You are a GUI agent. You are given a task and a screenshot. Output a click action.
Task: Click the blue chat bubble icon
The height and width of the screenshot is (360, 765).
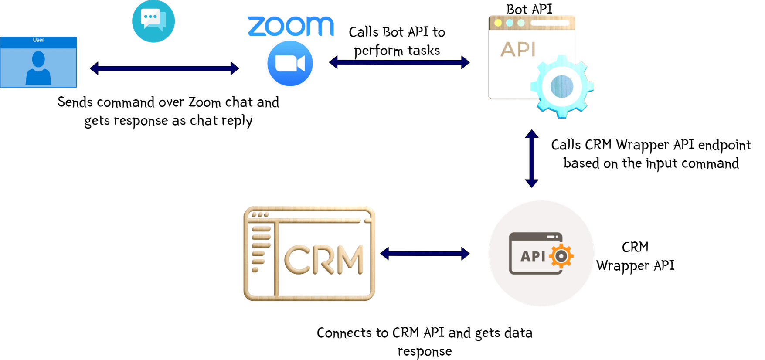pos(153,21)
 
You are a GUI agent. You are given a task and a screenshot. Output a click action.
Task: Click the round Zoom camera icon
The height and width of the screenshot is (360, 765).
pos(290,64)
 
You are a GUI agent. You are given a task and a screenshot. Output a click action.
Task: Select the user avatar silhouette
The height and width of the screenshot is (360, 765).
pos(38,68)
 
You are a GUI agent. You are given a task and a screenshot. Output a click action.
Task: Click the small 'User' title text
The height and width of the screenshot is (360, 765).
pos(38,40)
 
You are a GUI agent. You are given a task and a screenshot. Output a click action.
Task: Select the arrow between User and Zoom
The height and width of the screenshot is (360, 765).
pos(164,68)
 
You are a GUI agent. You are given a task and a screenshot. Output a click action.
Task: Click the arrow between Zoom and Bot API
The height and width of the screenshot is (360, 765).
pos(399,62)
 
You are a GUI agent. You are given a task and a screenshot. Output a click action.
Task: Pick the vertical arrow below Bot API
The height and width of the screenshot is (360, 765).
pos(531,158)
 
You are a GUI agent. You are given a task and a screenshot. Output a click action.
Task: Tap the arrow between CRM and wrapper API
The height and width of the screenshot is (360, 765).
pos(425,253)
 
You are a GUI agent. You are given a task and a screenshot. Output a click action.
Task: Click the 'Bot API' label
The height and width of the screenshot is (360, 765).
pos(529,9)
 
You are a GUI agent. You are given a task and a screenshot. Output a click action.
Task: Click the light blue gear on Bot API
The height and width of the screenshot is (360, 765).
pos(562,86)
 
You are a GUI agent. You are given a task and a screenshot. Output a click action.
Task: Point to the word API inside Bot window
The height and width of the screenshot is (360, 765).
pos(518,49)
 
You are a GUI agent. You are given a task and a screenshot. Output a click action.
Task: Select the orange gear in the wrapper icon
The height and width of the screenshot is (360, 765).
pos(561,256)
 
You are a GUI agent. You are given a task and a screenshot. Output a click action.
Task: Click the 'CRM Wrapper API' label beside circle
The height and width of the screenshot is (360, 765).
pos(635,256)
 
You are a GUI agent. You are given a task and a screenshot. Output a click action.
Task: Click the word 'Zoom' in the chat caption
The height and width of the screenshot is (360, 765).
pos(204,102)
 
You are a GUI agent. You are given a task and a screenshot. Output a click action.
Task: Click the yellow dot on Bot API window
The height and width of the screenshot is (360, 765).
pos(498,23)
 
